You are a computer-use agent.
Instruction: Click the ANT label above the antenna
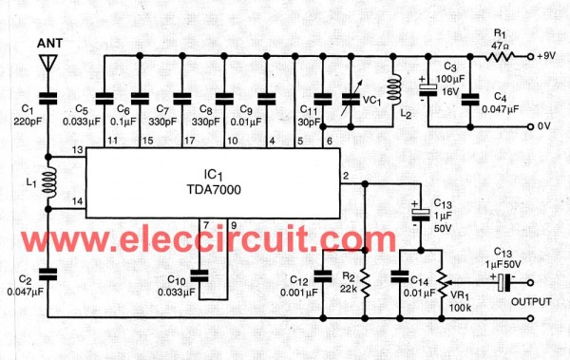pos(49,43)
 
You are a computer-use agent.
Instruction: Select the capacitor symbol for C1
pos(48,98)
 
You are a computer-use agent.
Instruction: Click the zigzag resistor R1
pos(501,56)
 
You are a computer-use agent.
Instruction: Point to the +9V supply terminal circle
pos(530,57)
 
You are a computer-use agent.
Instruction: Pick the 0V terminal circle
pos(530,126)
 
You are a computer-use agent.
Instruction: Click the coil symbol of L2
pos(394,90)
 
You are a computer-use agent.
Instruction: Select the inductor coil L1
pos(48,182)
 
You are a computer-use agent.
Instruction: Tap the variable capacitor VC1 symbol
pos(351,98)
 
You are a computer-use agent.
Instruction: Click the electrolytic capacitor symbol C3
pos(428,90)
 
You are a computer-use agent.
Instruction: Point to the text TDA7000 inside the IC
pos(214,189)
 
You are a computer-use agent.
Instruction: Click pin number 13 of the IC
pos(78,150)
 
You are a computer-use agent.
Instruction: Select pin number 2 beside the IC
pos(346,176)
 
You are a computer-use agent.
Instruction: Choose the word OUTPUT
pos(531,302)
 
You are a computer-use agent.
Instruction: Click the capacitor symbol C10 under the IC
pos(199,276)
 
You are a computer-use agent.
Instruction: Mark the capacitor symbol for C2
pos(48,275)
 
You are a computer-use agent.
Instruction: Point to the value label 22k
pos(349,289)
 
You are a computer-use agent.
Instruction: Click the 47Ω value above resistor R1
pos(500,47)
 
